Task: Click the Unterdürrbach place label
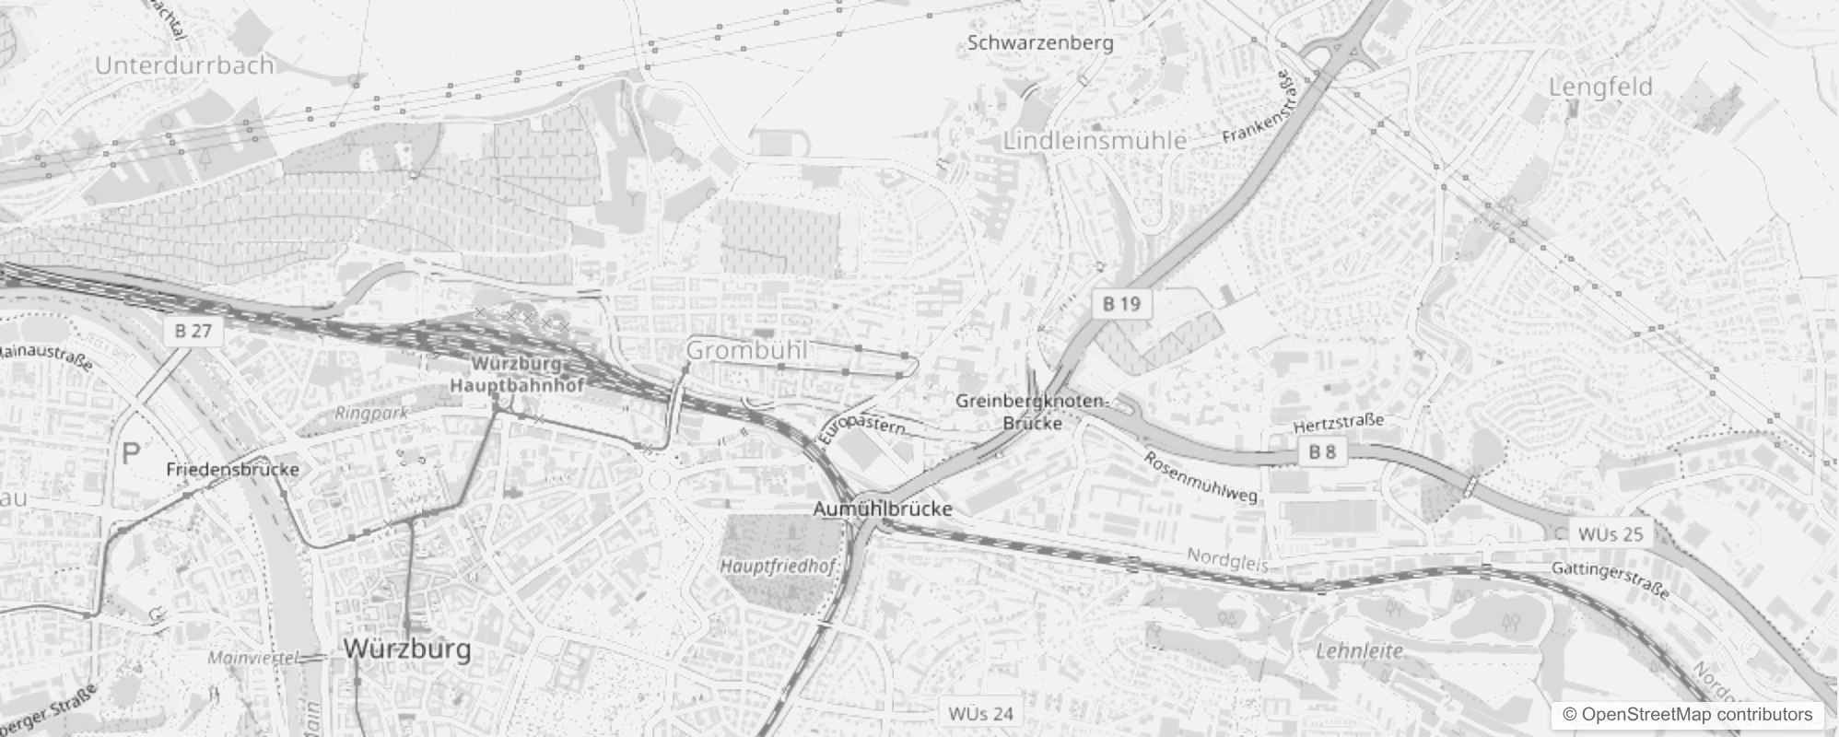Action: pyautogui.click(x=184, y=65)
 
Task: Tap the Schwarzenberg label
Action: pyautogui.click(x=1040, y=42)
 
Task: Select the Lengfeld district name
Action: pyautogui.click(x=1600, y=88)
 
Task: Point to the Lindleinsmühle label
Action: pyautogui.click(x=1095, y=141)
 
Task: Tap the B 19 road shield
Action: pyautogui.click(x=1121, y=303)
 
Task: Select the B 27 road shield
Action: pyautogui.click(x=193, y=331)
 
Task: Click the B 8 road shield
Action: pyautogui.click(x=1322, y=451)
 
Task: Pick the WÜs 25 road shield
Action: pyautogui.click(x=1611, y=534)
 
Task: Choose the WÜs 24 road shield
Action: pyautogui.click(x=980, y=713)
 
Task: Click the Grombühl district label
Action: pyautogui.click(x=746, y=350)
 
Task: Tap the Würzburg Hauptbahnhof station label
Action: pyautogui.click(x=516, y=375)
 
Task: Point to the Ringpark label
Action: pyautogui.click(x=371, y=414)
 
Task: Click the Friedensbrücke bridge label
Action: pyautogui.click(x=233, y=470)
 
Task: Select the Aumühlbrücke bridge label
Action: pyautogui.click(x=883, y=509)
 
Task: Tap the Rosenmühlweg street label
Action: pyautogui.click(x=1201, y=476)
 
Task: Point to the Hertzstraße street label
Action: pyautogui.click(x=1338, y=424)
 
